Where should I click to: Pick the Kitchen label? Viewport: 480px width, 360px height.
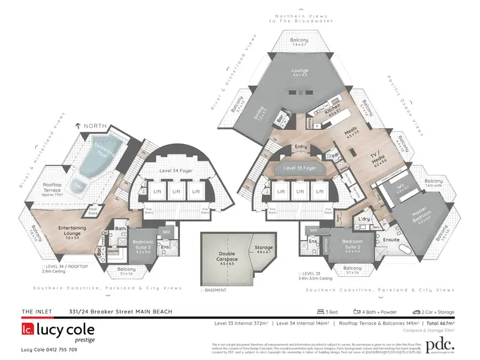tap(337, 110)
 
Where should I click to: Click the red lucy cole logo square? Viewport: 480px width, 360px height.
tap(27, 330)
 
